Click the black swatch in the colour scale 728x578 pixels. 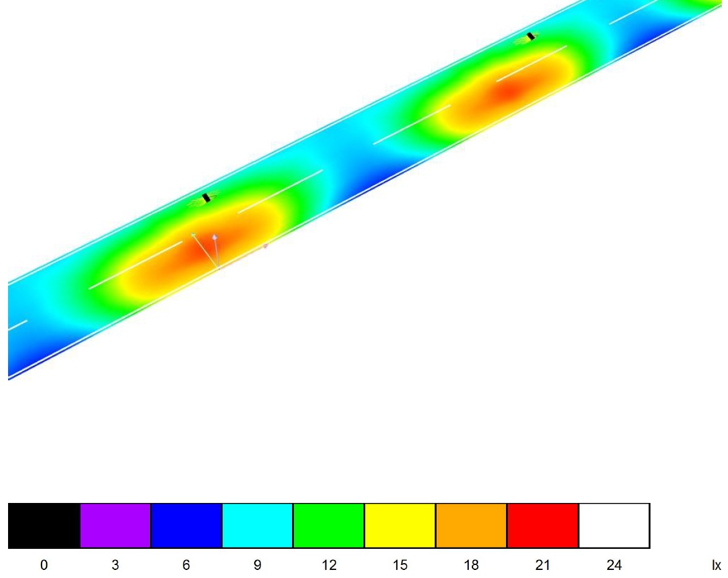(44, 525)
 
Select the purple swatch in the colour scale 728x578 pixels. (115, 525)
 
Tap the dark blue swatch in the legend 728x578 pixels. (186, 525)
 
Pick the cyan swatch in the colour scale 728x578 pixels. (257, 525)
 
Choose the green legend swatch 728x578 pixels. (329, 525)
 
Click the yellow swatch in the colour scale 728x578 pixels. (400, 525)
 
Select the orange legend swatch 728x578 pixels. (471, 525)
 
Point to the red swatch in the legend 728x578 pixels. (543, 525)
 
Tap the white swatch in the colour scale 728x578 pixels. (615, 525)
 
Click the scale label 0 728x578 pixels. (44, 565)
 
